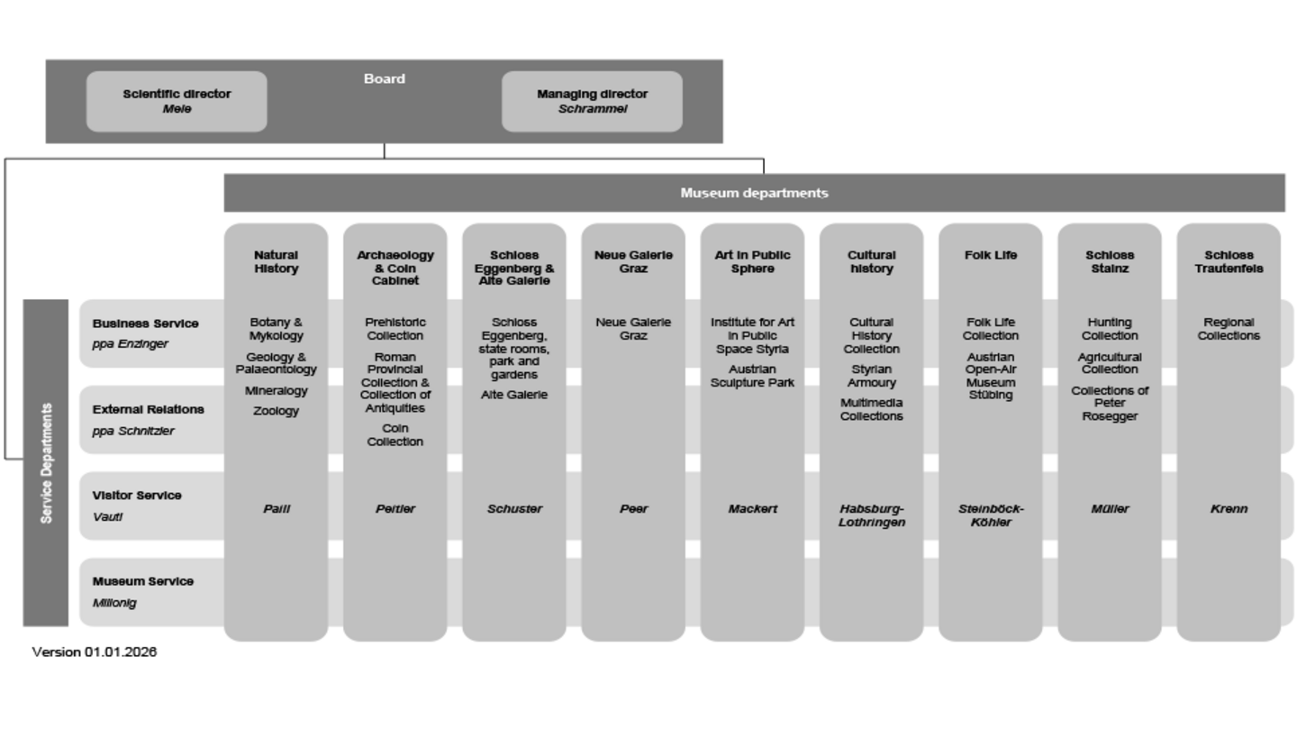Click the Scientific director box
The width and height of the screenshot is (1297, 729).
pos(177,101)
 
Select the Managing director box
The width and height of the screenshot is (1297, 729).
pos(592,101)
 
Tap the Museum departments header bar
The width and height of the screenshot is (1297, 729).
pos(754,193)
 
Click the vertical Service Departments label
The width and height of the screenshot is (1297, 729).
pos(46,462)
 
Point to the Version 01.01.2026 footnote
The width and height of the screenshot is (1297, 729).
pos(95,652)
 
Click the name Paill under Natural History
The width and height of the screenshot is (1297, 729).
pos(276,509)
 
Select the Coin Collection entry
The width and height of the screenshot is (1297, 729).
pos(395,435)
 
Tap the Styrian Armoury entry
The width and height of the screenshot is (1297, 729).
pos(871,376)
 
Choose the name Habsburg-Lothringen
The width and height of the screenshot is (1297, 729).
pos(871,515)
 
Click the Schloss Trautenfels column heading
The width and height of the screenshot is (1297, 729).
pos(1229,261)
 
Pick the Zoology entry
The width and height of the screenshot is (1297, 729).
pos(276,411)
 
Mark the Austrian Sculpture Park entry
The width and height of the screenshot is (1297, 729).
pos(752,376)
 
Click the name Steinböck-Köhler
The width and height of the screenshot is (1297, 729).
pos(991,515)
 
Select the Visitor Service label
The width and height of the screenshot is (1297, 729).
pos(137,496)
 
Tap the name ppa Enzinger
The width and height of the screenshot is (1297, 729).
pos(130,344)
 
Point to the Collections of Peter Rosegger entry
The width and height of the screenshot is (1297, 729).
pos(1110,404)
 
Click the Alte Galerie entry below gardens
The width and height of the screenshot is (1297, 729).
pos(514,395)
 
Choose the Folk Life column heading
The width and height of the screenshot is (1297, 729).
pos(991,255)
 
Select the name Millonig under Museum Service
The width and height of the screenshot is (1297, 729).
pos(114,603)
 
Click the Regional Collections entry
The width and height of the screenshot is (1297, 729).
pos(1229,329)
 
